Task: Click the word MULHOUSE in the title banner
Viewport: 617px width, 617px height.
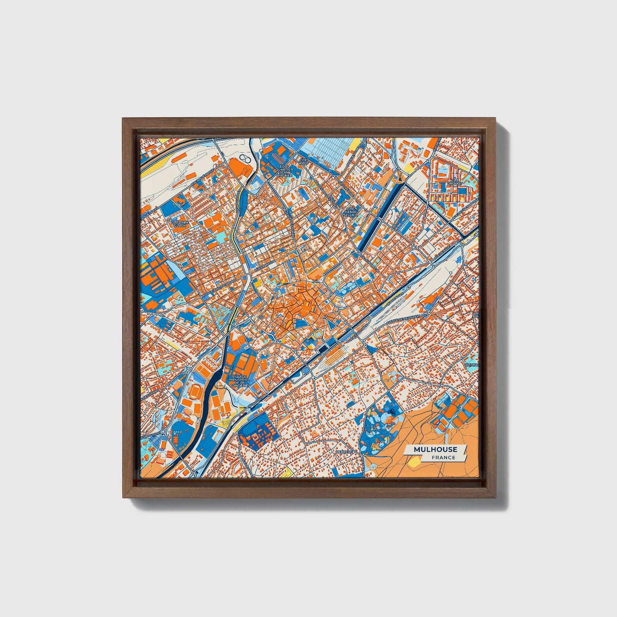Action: pos(435,449)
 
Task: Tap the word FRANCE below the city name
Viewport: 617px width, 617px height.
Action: pos(443,458)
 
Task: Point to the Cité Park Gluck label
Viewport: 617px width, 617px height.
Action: pos(180,224)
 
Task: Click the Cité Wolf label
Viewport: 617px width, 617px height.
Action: pos(303,162)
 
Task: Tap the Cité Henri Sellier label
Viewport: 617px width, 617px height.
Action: pos(350,211)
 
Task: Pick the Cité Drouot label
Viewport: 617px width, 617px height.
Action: pos(455,182)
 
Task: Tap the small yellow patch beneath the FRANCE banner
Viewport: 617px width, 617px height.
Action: pos(414,462)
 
